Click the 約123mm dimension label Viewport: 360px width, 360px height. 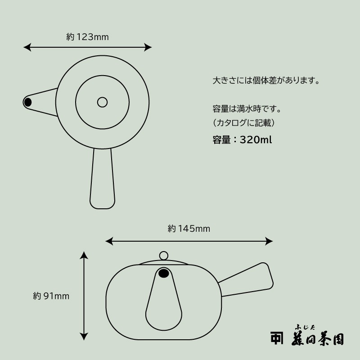pyautogui.click(x=87, y=37)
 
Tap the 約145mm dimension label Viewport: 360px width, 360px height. pyautogui.click(x=189, y=229)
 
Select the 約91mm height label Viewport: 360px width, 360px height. pyautogui.click(x=51, y=296)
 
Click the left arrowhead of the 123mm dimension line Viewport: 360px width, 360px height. pyautogui.click(x=27, y=47)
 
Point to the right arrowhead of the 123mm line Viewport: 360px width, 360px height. pyautogui.click(x=148, y=47)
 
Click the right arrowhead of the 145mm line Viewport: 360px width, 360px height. pyautogui.click(x=269, y=241)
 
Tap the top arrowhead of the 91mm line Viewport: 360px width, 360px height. pyautogui.click(x=84, y=255)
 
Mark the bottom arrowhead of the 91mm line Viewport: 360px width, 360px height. pyautogui.click(x=84, y=336)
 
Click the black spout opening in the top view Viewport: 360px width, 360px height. pyautogui.click(x=28, y=102)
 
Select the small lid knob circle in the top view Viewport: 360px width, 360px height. pyautogui.click(x=103, y=102)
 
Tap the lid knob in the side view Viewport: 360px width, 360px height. pyautogui.click(x=164, y=256)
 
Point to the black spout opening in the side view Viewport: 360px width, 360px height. pyautogui.click(x=164, y=273)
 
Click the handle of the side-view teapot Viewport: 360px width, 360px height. pyautogui.click(x=248, y=280)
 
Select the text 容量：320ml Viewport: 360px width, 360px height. pyautogui.click(x=242, y=139)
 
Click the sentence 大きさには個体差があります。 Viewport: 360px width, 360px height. pyautogui.click(x=266, y=81)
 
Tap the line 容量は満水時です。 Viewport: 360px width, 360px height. pyautogui.click(x=247, y=109)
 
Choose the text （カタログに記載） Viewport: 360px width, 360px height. pyautogui.click(x=243, y=123)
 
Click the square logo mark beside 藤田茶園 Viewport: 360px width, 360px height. pyautogui.click(x=277, y=338)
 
